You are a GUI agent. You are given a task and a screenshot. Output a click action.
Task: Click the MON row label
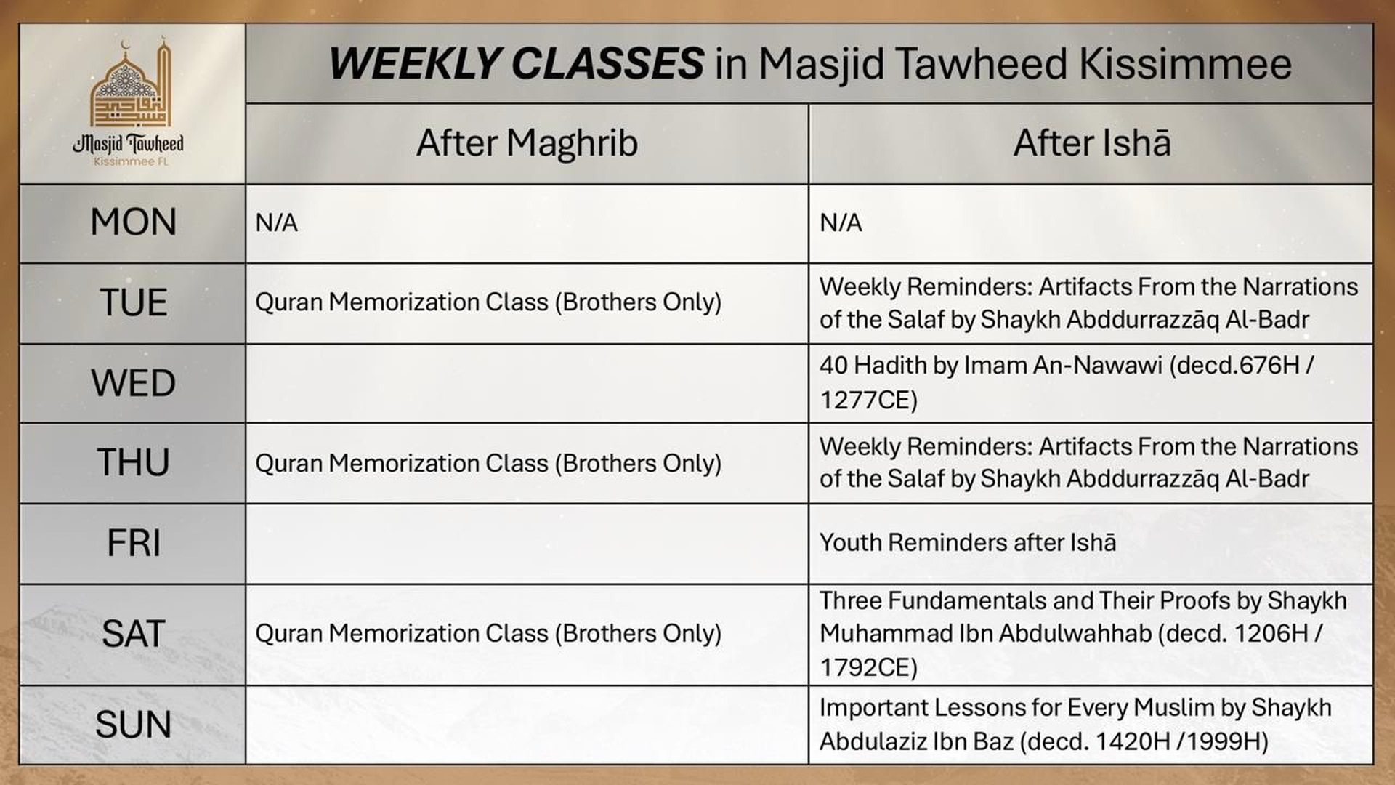133,222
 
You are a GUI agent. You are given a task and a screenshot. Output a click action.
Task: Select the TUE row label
133,302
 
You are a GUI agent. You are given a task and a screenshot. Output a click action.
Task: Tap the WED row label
133,383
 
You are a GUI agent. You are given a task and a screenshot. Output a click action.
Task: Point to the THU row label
133,462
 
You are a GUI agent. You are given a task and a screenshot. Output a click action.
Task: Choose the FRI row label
133,543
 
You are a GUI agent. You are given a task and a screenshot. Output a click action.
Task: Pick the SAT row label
133,634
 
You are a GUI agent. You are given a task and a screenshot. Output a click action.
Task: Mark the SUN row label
133,725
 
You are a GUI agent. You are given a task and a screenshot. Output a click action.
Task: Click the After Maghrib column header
527,142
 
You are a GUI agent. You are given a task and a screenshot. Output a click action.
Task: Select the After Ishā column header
1091,142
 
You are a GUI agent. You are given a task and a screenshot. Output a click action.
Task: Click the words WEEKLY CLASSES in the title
516,63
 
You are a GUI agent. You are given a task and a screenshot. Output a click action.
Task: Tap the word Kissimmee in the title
1185,63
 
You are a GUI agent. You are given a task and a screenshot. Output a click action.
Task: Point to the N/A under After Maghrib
277,222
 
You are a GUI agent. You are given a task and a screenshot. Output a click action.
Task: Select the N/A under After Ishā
841,222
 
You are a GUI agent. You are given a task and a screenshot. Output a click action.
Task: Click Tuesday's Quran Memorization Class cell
488,302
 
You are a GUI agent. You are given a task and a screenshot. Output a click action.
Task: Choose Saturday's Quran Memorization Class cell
488,634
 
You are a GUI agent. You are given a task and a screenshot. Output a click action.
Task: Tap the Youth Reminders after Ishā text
967,543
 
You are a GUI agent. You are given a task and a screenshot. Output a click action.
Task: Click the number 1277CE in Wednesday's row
868,400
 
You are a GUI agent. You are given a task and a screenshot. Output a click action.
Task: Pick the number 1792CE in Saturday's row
868,667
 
